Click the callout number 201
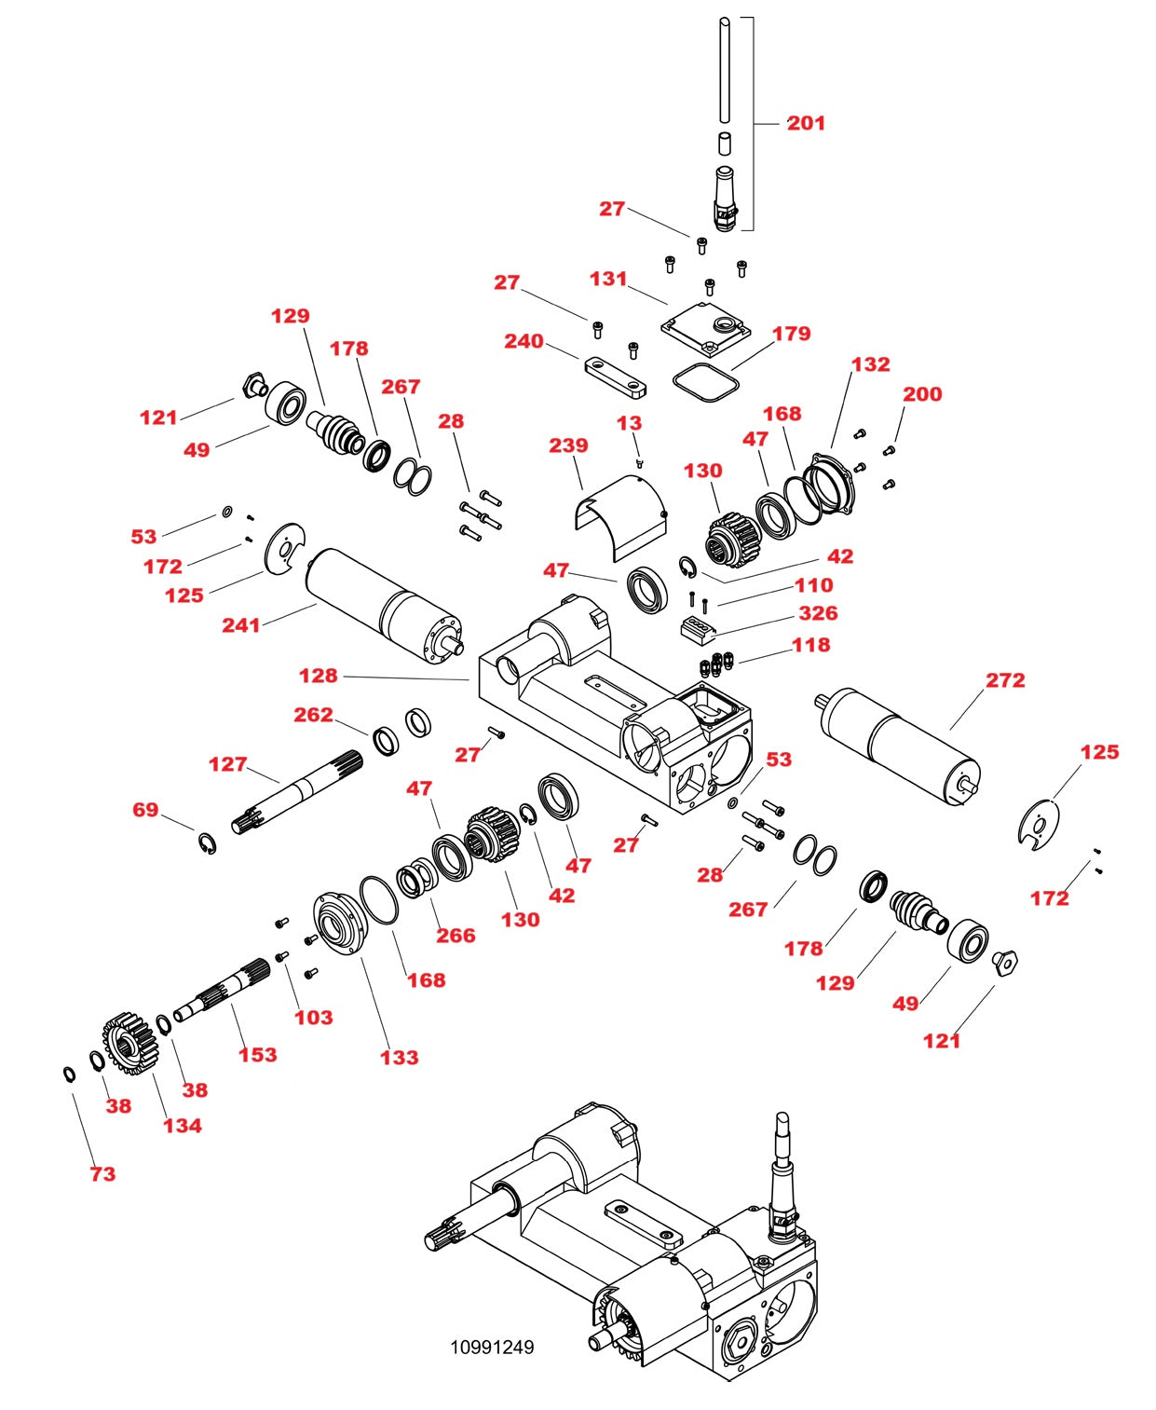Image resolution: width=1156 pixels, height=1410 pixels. click(x=806, y=123)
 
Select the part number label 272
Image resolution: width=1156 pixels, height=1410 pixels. click(x=1005, y=680)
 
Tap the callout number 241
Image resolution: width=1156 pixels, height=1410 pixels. click(x=240, y=625)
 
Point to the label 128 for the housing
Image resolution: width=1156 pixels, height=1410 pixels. click(x=318, y=676)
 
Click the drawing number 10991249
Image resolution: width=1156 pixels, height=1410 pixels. click(x=492, y=1347)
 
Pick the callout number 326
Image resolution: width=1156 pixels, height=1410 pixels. click(x=818, y=613)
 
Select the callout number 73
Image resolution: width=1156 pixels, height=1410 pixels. click(x=102, y=1174)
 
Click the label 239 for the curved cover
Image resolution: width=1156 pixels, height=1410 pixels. click(x=568, y=445)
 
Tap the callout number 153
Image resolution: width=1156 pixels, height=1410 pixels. click(x=257, y=1055)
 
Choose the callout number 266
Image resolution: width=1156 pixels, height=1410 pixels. click(x=456, y=936)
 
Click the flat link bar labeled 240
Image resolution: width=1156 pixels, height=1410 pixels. click(x=615, y=375)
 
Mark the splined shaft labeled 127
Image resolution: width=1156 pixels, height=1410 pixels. click(x=298, y=792)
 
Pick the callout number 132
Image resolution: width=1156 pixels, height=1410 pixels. click(x=870, y=364)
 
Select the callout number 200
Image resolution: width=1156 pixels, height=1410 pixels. click(x=922, y=394)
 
